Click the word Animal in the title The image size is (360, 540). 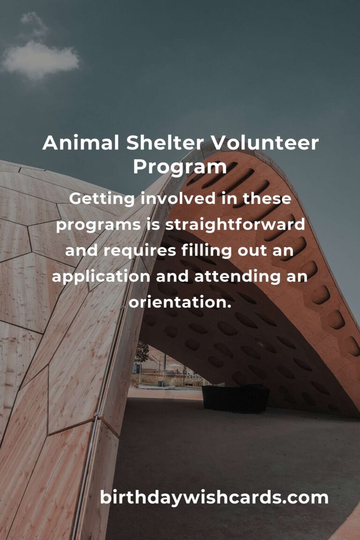point(80,143)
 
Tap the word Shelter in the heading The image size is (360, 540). point(165,143)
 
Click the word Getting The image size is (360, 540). point(102,199)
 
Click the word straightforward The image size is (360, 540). point(235,225)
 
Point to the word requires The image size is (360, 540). point(140,251)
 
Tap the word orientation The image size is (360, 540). point(180,303)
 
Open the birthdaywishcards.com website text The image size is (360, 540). point(214,498)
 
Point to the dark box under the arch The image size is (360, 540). point(235,398)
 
